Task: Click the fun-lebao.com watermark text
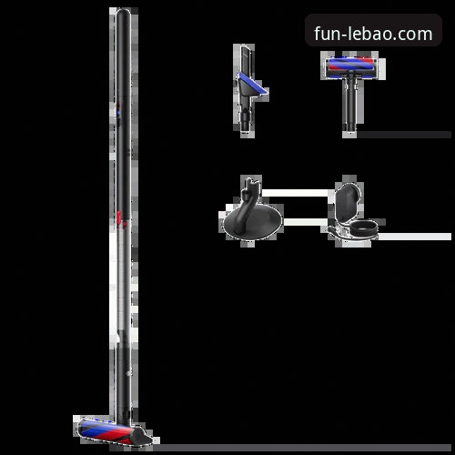tap(373, 34)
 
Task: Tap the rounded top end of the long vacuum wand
tap(124, 12)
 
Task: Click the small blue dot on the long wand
tap(118, 113)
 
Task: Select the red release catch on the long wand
tap(118, 217)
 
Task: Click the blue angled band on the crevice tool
tap(252, 84)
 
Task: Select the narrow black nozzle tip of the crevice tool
tap(245, 58)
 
